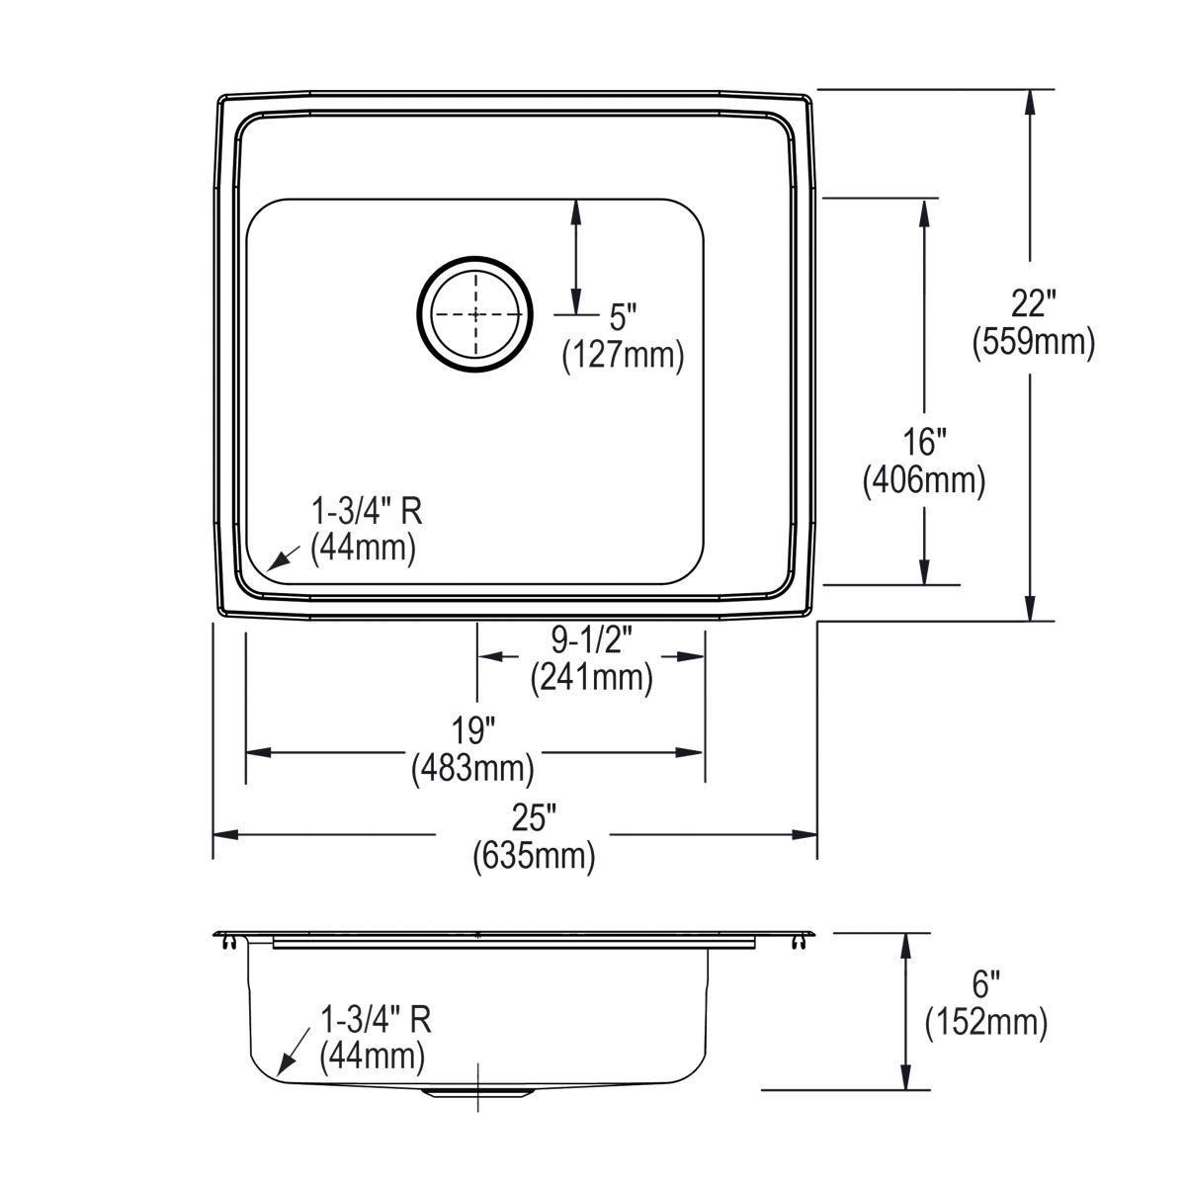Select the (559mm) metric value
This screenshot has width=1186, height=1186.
click(x=1034, y=342)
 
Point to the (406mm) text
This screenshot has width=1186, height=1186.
click(x=925, y=481)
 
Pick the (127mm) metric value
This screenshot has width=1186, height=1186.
click(x=623, y=355)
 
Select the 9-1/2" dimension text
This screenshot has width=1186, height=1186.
click(x=591, y=642)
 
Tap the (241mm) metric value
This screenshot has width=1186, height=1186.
click(x=591, y=678)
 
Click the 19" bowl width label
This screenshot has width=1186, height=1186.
click(x=473, y=731)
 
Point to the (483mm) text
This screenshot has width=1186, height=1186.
click(x=473, y=767)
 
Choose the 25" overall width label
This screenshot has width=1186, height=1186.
click(x=535, y=818)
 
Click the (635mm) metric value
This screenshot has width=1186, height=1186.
click(x=535, y=855)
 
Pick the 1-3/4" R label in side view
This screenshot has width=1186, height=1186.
click(x=376, y=1020)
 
